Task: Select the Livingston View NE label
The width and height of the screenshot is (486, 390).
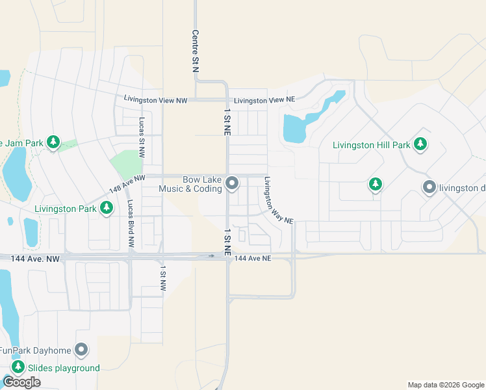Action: [x=264, y=100]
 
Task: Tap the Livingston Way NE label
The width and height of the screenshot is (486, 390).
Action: [x=278, y=201]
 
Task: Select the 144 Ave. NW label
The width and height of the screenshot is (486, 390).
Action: [x=35, y=259]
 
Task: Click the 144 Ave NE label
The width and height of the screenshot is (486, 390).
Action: [x=252, y=259]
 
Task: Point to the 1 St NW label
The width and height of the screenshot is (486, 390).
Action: [x=163, y=279]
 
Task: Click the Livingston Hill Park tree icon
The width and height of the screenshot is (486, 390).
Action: [x=420, y=144]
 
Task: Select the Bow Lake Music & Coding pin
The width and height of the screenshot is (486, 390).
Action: [x=232, y=185]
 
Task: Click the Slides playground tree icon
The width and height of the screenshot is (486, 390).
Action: [x=18, y=368]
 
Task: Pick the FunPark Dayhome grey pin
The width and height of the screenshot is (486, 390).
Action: [x=81, y=351]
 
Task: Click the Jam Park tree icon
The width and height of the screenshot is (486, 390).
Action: [x=53, y=142]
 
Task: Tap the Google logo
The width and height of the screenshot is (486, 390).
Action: [x=21, y=382]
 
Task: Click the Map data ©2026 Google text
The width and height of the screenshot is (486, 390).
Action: [x=445, y=385]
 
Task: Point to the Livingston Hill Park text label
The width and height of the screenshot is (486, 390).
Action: [x=371, y=145]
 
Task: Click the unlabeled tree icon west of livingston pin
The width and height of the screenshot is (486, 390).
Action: [x=375, y=185]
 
